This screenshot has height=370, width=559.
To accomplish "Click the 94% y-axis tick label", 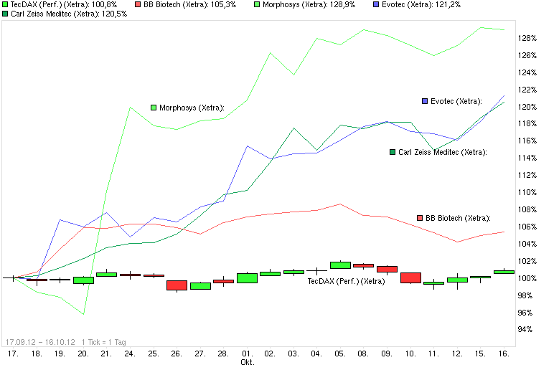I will point(526,330).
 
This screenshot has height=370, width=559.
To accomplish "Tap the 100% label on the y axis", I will point(528,278).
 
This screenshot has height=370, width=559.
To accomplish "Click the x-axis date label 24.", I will point(130,354).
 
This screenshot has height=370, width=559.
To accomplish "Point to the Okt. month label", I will point(247,362).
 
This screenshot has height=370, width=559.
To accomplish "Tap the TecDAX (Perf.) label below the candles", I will point(346,282).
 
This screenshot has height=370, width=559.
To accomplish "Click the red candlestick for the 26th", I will point(177,285).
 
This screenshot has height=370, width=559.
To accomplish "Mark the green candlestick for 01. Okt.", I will point(247,277).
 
